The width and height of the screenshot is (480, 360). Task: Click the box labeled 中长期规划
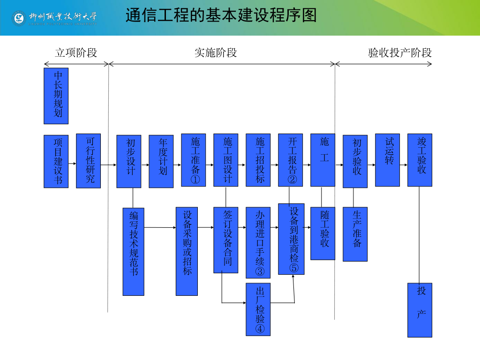coord(56,96)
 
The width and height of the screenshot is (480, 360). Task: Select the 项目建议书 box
coord(56,161)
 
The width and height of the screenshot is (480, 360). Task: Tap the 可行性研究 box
coord(88,161)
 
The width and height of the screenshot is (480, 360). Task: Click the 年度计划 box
coord(161,161)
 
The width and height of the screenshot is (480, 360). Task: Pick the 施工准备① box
coord(194,160)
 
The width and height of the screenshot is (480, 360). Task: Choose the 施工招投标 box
coord(258,160)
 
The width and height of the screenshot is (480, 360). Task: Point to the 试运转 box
coord(387,160)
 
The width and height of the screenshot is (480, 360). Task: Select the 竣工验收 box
coord(420,160)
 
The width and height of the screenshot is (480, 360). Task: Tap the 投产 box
coord(420,310)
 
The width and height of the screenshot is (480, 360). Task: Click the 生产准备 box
coord(355,234)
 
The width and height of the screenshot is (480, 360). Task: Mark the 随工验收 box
coord(323,233)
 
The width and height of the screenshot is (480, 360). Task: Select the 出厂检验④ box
coord(258,309)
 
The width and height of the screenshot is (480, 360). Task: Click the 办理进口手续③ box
coord(258,243)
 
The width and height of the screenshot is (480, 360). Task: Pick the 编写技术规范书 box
coord(133,251)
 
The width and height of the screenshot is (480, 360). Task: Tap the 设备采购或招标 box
coord(187,251)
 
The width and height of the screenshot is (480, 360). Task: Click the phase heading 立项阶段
coord(76,52)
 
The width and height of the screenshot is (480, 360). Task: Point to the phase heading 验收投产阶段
coord(400,52)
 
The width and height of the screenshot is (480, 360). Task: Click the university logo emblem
coord(19,18)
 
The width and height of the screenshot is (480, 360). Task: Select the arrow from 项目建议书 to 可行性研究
coord(72,164)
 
